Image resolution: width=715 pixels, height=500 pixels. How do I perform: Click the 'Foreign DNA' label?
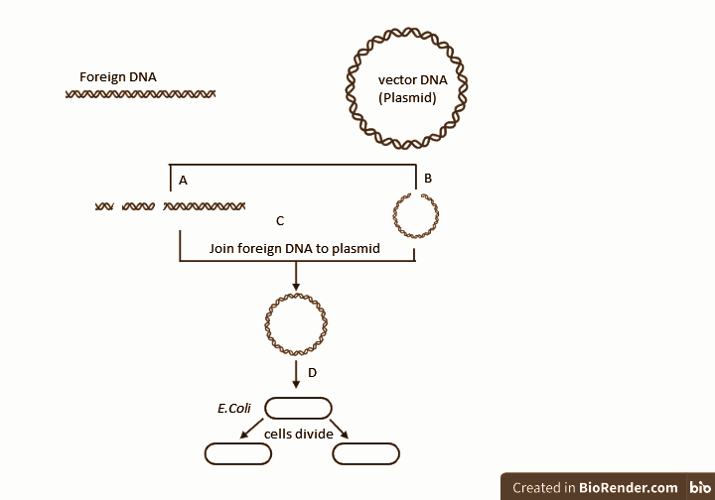pyautogui.click(x=117, y=76)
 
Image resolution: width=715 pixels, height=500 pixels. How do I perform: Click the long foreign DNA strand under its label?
pyautogui.click(x=140, y=94)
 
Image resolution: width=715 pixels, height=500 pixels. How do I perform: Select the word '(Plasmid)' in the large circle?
pyautogui.click(x=407, y=97)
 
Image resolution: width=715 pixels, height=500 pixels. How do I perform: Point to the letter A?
pyautogui.click(x=183, y=181)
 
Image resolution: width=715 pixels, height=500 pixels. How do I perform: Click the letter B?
pyautogui.click(x=428, y=179)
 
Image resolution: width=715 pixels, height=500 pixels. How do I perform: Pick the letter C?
pyautogui.click(x=280, y=220)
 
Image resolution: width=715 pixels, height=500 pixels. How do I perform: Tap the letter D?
pyautogui.click(x=312, y=373)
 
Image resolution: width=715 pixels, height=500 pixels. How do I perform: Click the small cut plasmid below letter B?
pyautogui.click(x=416, y=214)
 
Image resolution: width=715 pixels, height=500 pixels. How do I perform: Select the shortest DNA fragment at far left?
pyautogui.click(x=104, y=206)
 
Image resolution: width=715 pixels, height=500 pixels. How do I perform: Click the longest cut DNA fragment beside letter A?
pyautogui.click(x=205, y=206)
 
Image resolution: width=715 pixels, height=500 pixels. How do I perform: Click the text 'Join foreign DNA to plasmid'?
pyautogui.click(x=295, y=249)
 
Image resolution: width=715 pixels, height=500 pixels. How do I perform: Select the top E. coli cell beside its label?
pyautogui.click(x=297, y=408)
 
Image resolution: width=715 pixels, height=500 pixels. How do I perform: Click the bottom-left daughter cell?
pyautogui.click(x=237, y=454)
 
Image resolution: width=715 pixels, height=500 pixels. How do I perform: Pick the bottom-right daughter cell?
pyautogui.click(x=365, y=454)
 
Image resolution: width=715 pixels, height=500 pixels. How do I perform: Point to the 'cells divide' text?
pyautogui.click(x=298, y=434)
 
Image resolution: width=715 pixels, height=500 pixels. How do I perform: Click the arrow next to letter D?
pyautogui.click(x=296, y=374)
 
